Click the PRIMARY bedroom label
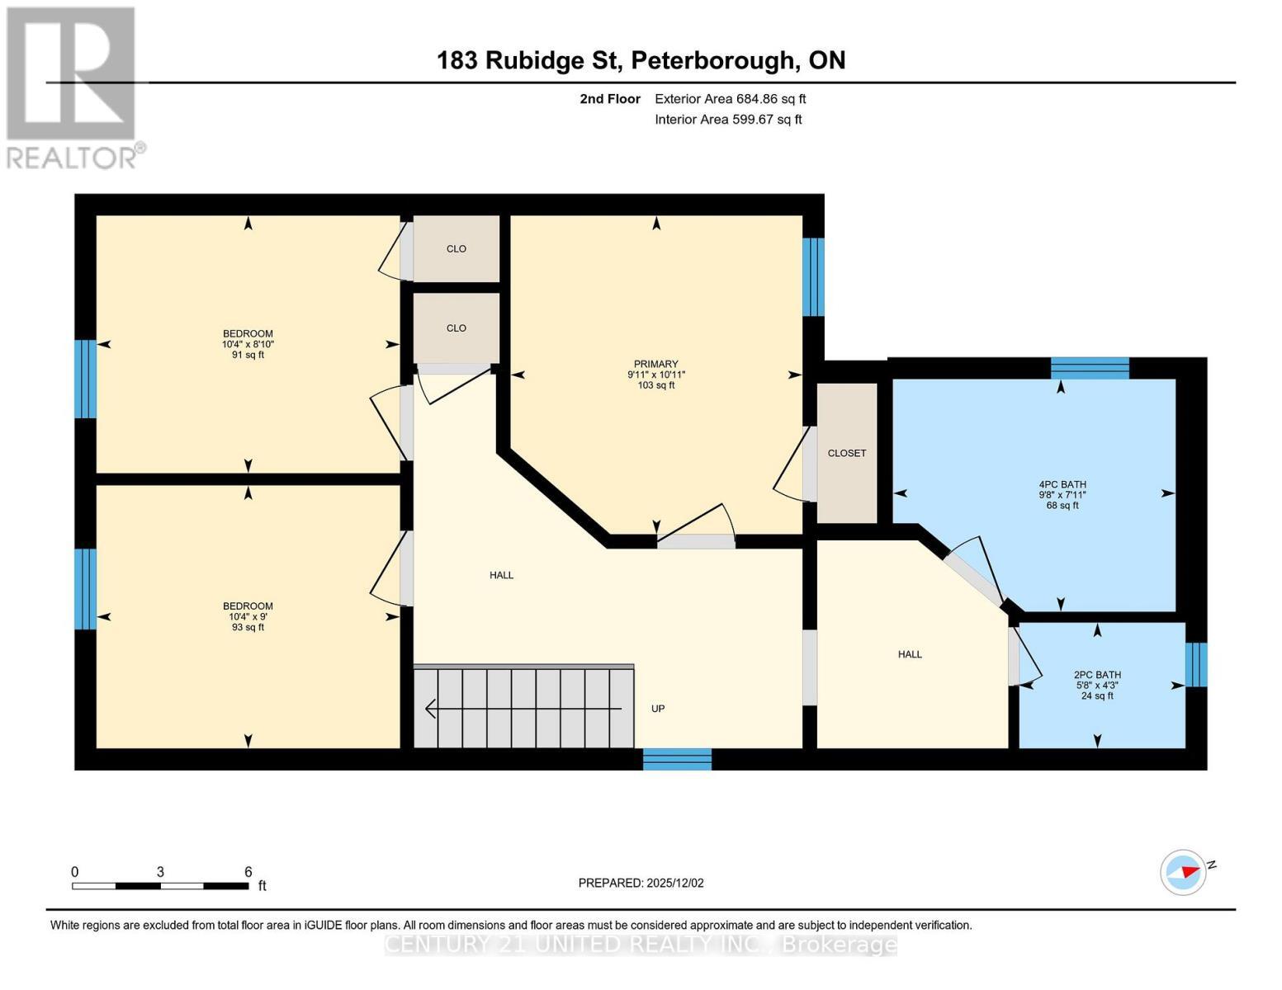tap(655, 364)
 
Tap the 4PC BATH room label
tap(1062, 484)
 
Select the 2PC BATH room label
tap(1097, 674)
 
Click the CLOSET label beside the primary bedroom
tap(847, 453)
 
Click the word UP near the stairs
tap(658, 709)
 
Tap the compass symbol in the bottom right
tap(1183, 872)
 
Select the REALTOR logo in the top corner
tap(73, 87)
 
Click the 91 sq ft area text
tap(248, 356)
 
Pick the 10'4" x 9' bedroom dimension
tap(248, 616)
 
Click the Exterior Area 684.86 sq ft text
tap(730, 99)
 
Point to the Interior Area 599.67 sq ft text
tap(728, 120)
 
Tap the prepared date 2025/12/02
tap(641, 883)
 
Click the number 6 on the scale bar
tap(248, 872)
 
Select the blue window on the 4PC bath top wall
tap(1089, 368)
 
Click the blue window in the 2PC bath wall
tap(1195, 664)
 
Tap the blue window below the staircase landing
tap(677, 759)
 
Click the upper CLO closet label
tap(457, 248)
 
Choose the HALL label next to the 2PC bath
tap(910, 654)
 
